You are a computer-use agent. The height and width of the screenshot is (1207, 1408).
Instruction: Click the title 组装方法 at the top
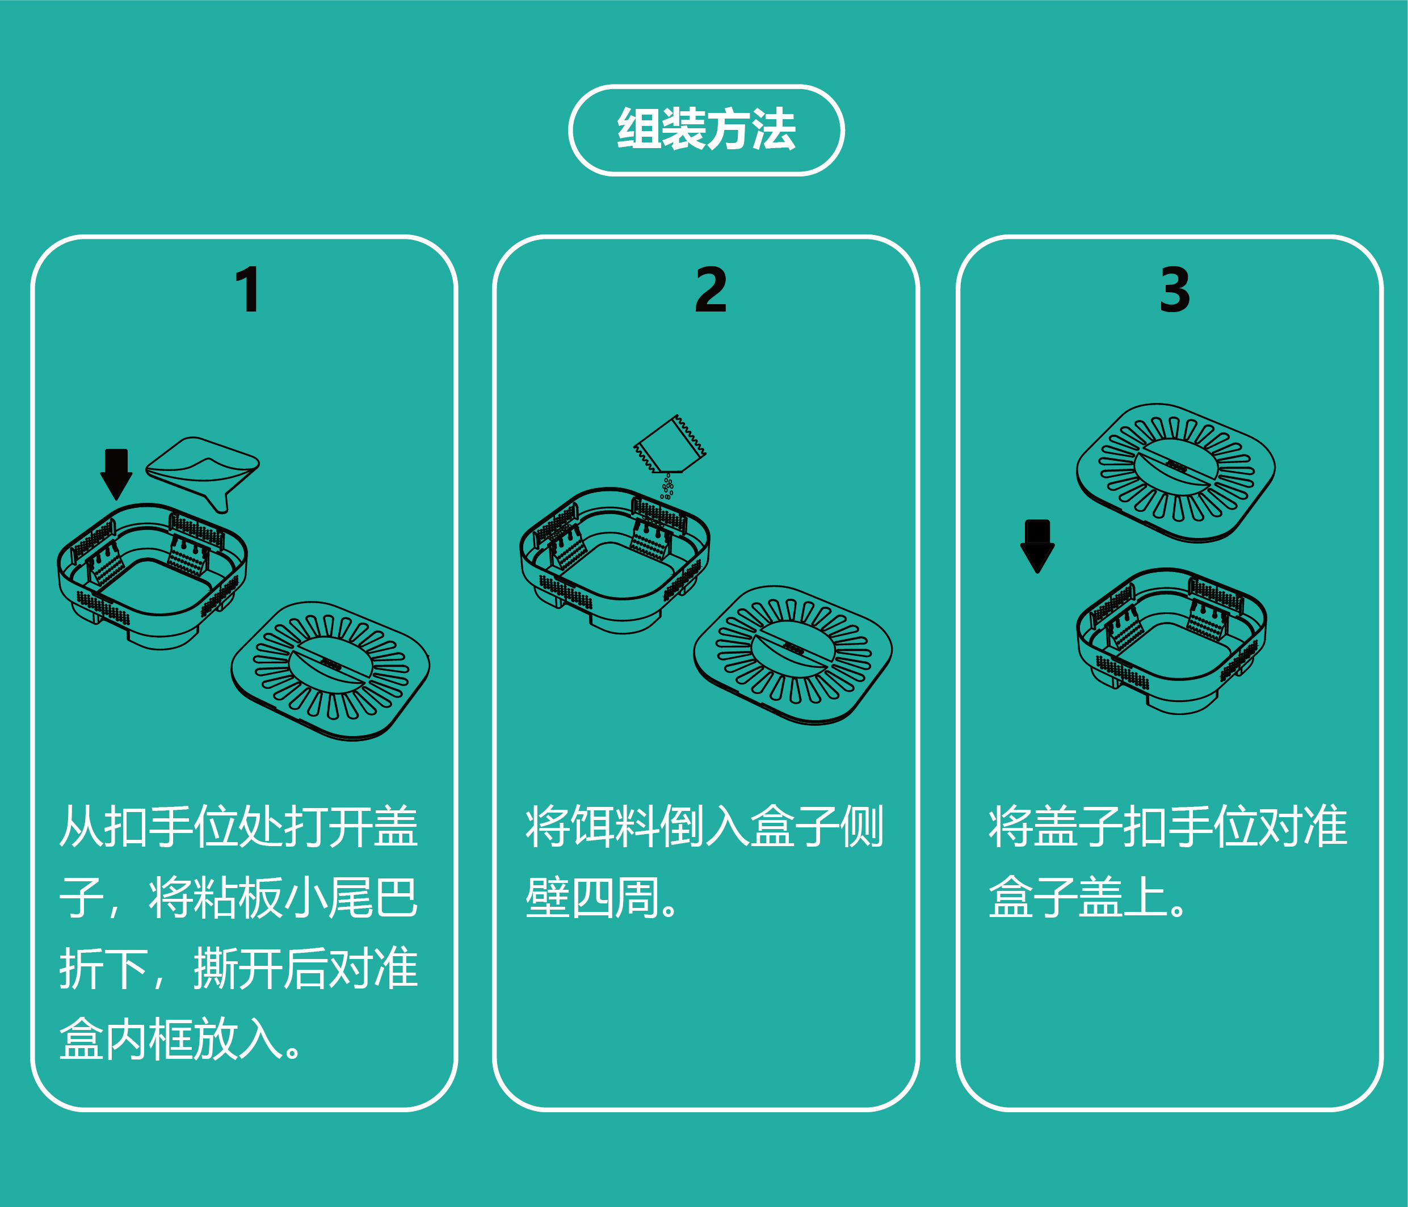point(705,129)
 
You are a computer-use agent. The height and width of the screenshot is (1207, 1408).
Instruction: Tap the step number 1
point(248,290)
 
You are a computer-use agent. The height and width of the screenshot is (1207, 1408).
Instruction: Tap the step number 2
point(711,290)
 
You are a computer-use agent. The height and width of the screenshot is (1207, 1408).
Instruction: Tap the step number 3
point(1175,290)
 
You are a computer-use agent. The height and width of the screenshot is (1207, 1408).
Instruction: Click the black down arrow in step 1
point(116,472)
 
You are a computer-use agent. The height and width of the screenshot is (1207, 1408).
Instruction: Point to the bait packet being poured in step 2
point(669,445)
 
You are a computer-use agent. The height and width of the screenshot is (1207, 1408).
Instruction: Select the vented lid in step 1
point(331,670)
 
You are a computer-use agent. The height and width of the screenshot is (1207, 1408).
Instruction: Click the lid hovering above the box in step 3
point(1175,472)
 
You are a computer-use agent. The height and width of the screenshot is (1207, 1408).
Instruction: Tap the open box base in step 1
point(153,574)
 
